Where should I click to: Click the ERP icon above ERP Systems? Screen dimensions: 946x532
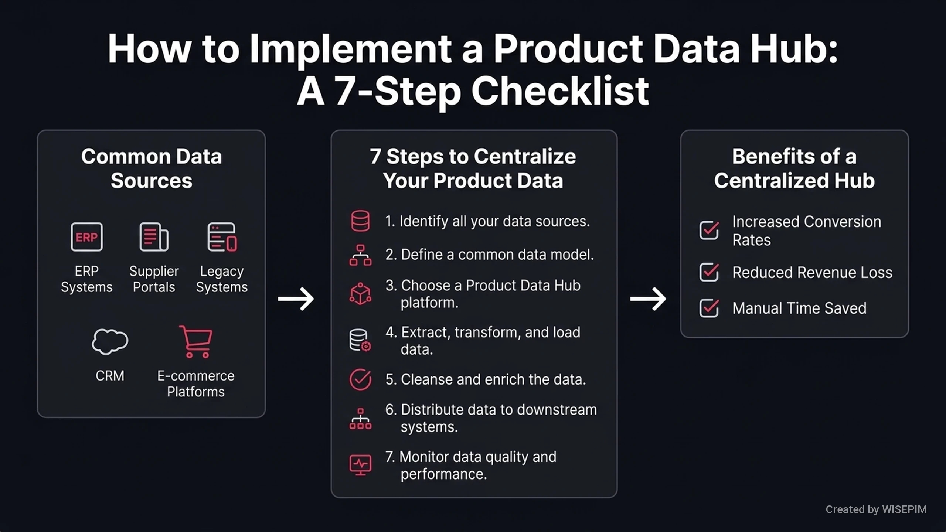pyautogui.click(x=86, y=237)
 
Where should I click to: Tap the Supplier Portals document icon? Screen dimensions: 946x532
pyautogui.click(x=154, y=237)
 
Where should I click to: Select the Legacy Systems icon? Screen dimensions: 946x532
pyautogui.click(x=222, y=237)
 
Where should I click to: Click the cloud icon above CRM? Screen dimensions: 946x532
pyautogui.click(x=110, y=342)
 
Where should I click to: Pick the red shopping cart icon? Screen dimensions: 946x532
pyautogui.click(x=196, y=342)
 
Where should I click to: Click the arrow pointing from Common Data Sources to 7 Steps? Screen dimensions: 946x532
pyautogui.click(x=296, y=299)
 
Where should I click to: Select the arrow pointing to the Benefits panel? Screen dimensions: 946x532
pyautogui.click(x=648, y=299)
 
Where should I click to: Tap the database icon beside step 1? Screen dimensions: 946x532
pyautogui.click(x=360, y=221)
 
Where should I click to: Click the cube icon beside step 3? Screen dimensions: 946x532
pyautogui.click(x=360, y=294)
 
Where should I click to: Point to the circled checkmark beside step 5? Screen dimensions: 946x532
pyautogui.click(x=360, y=379)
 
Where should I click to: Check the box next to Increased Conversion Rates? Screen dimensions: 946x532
pyautogui.click(x=709, y=230)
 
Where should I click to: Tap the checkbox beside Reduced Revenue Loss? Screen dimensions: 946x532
pyautogui.click(x=709, y=272)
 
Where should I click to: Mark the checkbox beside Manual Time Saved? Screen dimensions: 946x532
pyautogui.click(x=709, y=308)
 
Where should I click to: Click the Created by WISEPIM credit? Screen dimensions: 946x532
pyautogui.click(x=876, y=509)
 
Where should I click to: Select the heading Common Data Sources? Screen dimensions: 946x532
pyautogui.click(x=152, y=168)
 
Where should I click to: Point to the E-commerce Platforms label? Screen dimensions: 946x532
pyautogui.click(x=196, y=383)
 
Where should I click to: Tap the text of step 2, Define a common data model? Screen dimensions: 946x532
pyautogui.click(x=490, y=255)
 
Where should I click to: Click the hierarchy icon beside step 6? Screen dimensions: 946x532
pyautogui.click(x=360, y=419)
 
